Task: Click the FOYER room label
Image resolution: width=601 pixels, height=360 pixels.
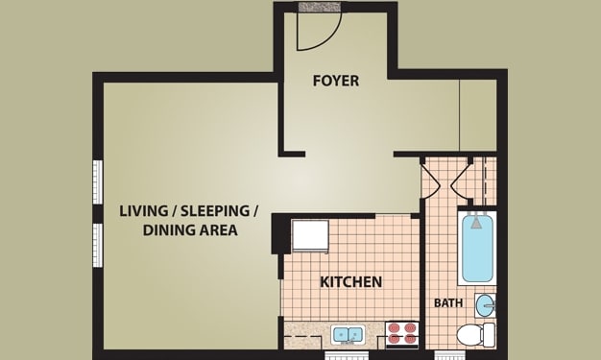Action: (x=336, y=81)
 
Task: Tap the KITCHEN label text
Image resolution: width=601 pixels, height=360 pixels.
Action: (x=350, y=282)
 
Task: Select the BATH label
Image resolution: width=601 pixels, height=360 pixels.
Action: (x=448, y=303)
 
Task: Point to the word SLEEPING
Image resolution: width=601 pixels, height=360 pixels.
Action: (x=215, y=211)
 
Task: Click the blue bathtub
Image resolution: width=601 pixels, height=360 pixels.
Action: (x=477, y=248)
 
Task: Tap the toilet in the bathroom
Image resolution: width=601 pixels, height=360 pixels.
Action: (x=475, y=334)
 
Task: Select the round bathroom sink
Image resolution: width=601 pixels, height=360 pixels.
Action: (x=485, y=305)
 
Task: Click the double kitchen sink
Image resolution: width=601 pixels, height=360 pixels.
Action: (x=349, y=334)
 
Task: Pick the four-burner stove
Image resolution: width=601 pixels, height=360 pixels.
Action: (x=401, y=334)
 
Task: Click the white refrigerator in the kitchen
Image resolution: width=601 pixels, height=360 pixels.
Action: (x=310, y=236)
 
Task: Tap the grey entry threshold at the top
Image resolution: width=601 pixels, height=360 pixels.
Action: (x=320, y=8)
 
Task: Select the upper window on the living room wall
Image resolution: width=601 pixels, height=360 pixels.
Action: (x=98, y=181)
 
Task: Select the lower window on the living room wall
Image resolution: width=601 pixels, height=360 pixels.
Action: (x=98, y=245)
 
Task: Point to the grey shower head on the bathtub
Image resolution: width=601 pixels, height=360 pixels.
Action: (x=476, y=223)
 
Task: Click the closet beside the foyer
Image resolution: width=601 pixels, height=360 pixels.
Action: (x=478, y=115)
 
